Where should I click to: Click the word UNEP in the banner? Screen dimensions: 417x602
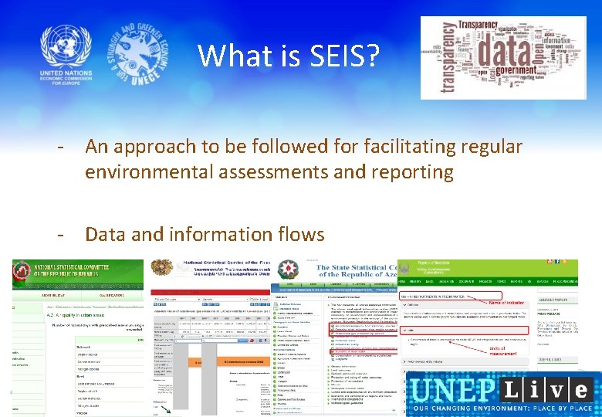[x=448, y=389]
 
